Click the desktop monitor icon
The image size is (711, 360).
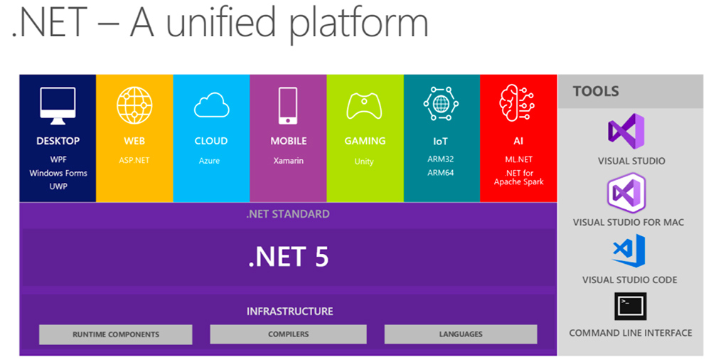pos(58,106)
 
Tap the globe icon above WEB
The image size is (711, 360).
pos(134,105)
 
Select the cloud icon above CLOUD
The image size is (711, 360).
pos(211,105)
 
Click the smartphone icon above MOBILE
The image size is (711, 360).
pos(288,106)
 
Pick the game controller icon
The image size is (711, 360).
pos(364,106)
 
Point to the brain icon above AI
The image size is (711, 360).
pos(517,103)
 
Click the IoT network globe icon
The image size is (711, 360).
pos(441,103)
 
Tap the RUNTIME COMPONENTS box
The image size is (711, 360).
pos(116,334)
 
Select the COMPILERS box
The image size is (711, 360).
pos(288,334)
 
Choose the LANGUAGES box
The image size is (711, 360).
pos(461,334)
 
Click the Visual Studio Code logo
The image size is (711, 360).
pos(629,250)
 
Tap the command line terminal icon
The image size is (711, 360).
pos(630,307)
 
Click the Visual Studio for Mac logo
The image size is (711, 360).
pos(626,193)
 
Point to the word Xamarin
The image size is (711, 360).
pos(289,161)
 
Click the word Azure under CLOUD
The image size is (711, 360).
pos(209,161)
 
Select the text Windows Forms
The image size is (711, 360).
pos(58,173)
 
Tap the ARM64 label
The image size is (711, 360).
pos(440,172)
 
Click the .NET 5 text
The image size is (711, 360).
pos(289,257)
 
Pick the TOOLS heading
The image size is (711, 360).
pos(596,91)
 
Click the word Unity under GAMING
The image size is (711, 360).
pos(364,162)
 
